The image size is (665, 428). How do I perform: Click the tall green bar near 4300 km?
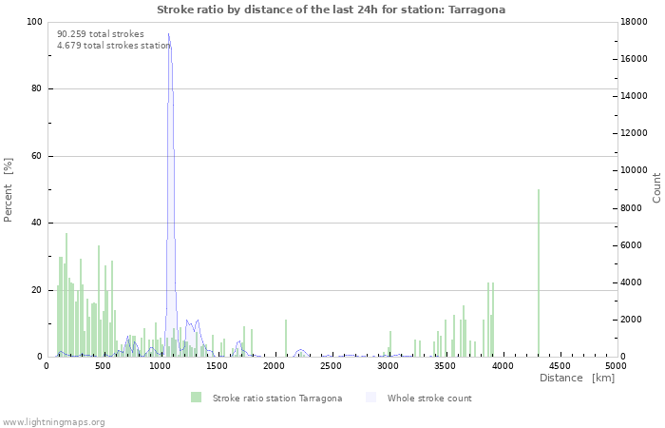point(539,273)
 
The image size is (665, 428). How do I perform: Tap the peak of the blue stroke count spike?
point(168,33)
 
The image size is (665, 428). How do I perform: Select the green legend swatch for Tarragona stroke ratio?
point(196,398)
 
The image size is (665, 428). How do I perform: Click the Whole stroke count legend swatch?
point(370,398)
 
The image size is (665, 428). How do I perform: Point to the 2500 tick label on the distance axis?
point(331,366)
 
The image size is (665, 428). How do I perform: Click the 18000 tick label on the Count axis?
point(634,22)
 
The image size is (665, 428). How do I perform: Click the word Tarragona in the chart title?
point(477,10)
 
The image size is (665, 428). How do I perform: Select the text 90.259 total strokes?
point(101,34)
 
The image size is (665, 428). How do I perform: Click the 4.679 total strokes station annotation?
point(114,46)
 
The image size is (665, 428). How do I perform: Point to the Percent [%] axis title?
point(8,190)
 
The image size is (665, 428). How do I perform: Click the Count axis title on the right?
point(656,188)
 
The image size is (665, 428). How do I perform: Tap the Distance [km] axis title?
point(577,378)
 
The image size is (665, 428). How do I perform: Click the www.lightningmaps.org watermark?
point(52,422)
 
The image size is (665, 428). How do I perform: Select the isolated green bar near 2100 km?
point(286,338)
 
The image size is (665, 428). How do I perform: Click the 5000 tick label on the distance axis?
point(617,366)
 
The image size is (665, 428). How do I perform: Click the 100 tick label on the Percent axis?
point(34,22)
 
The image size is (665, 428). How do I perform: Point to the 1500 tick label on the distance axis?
point(217,366)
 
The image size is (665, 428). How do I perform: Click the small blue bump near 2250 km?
point(301,350)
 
